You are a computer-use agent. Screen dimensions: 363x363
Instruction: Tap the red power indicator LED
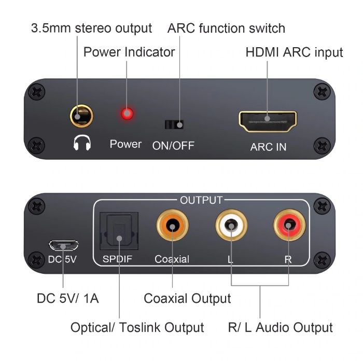point(126,114)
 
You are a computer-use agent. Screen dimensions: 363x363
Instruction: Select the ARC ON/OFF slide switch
point(174,124)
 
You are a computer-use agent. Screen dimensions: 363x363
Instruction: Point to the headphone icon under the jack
point(82,143)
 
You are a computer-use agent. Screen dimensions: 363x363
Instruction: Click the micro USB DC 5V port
point(62,244)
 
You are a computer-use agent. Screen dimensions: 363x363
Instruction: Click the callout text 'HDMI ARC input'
point(294,52)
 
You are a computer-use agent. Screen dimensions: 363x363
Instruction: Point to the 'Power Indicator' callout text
point(129,52)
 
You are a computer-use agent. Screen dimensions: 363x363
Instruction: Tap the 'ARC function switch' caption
point(226,28)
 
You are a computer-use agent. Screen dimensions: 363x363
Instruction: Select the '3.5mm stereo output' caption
point(92,28)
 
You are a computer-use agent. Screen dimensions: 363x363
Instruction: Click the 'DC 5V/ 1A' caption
point(68,298)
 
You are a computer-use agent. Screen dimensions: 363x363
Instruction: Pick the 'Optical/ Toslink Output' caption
point(137,327)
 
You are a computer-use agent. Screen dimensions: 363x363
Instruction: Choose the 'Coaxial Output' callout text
point(187,298)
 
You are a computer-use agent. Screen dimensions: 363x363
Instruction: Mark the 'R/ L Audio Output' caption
point(280,327)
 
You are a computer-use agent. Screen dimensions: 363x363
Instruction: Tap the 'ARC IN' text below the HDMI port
point(268,147)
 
